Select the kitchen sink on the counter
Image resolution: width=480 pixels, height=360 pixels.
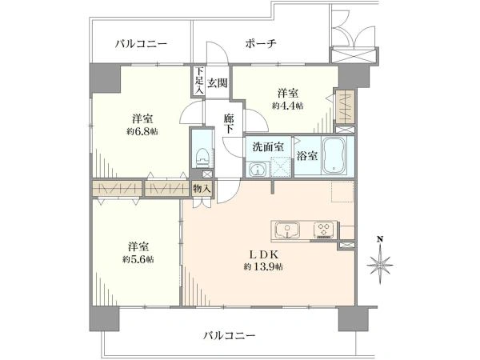tap(288, 230)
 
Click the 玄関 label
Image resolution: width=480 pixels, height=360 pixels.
tap(218, 82)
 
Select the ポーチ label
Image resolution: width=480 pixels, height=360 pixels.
tap(261, 44)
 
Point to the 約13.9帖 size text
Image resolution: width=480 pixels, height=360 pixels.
tap(263, 267)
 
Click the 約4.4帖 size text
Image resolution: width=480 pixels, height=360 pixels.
tap(288, 106)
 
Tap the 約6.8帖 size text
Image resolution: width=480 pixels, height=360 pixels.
tap(142, 132)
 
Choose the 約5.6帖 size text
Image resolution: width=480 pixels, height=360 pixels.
tap(138, 259)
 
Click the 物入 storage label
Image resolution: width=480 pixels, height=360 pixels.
tap(202, 189)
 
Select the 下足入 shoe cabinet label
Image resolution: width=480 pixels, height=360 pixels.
tap(199, 81)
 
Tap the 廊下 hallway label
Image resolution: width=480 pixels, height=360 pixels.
tap(229, 124)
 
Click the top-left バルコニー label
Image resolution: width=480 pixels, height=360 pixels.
tap(141, 44)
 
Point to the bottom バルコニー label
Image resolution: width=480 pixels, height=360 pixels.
tap(230, 336)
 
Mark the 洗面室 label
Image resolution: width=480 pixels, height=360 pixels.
tap(268, 147)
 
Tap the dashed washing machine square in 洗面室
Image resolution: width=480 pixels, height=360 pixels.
tap(281, 167)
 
